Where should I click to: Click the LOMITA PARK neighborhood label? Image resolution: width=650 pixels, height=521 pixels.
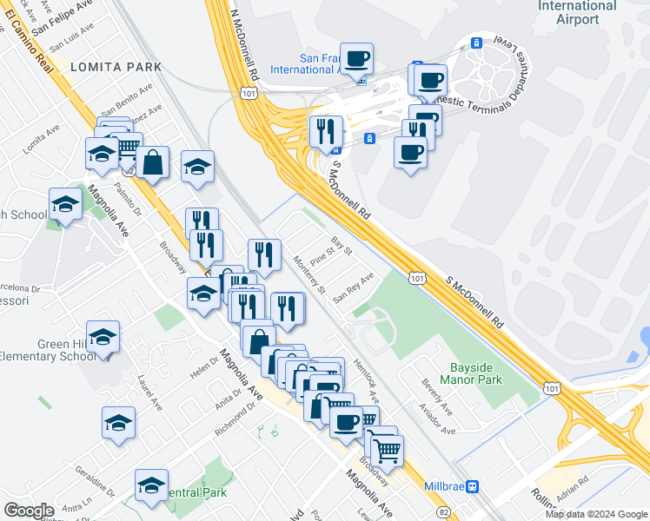pyautogui.click(x=116, y=67)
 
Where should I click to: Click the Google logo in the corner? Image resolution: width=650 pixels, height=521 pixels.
pyautogui.click(x=29, y=511)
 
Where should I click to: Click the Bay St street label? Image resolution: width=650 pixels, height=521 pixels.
pyautogui.click(x=341, y=246)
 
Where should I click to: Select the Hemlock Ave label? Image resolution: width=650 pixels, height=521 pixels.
pyautogui.click(x=366, y=381)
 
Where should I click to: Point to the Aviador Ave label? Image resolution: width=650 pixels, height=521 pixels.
pyautogui.click(x=435, y=419)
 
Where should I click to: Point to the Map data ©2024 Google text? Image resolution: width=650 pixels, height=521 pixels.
pyautogui.click(x=595, y=513)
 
